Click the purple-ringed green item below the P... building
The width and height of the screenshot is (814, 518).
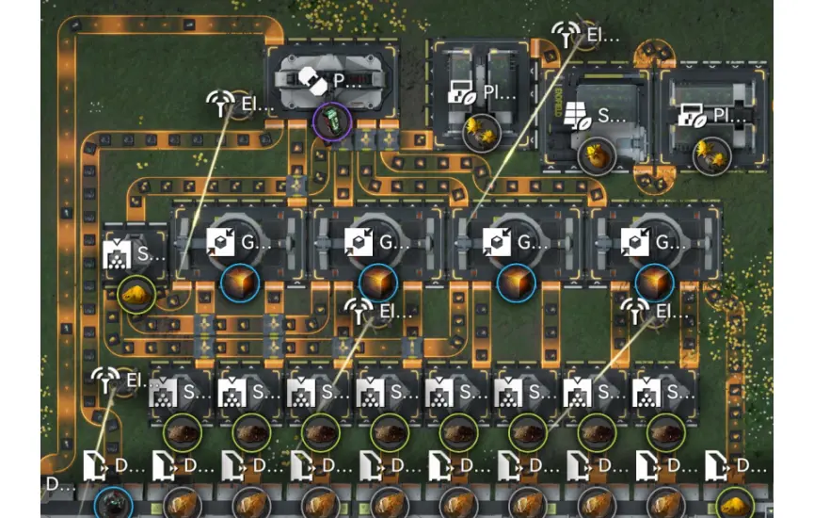330,121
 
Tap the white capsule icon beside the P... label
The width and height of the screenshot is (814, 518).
313,82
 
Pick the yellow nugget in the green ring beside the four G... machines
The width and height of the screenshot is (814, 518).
136,295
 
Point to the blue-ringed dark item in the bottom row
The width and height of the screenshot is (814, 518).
113,502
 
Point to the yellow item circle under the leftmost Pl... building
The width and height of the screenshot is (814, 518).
480,132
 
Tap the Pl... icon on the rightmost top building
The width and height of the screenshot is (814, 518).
692,116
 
